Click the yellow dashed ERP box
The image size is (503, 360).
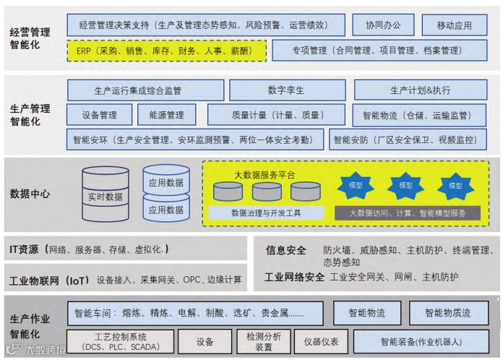(x=167, y=51)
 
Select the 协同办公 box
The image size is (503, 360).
(x=383, y=25)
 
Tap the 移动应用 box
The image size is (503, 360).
(x=454, y=25)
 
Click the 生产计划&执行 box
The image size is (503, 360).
(x=420, y=90)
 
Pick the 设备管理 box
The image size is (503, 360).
(x=100, y=115)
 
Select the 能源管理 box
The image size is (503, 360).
(x=167, y=115)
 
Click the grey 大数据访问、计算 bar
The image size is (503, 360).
(x=407, y=213)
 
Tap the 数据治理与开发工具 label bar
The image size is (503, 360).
(x=265, y=213)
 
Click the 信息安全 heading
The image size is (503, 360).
(x=286, y=250)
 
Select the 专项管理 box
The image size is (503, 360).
(x=376, y=51)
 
